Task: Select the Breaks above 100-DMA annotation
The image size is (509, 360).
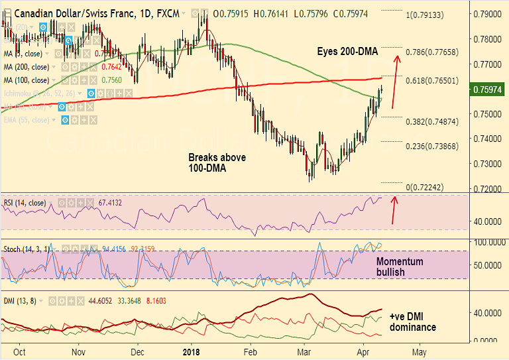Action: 217,162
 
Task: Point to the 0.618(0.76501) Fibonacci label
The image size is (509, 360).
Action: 432,81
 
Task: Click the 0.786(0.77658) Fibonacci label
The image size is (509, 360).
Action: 432,52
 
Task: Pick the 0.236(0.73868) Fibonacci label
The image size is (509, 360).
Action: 432,146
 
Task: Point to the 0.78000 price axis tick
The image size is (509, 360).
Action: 489,39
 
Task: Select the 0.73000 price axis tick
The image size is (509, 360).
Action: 489,164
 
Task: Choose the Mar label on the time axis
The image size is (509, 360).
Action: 306,352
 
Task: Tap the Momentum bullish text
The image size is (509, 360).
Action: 400,267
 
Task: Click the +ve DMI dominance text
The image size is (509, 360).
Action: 412,322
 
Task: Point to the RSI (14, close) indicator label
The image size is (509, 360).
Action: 25,202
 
